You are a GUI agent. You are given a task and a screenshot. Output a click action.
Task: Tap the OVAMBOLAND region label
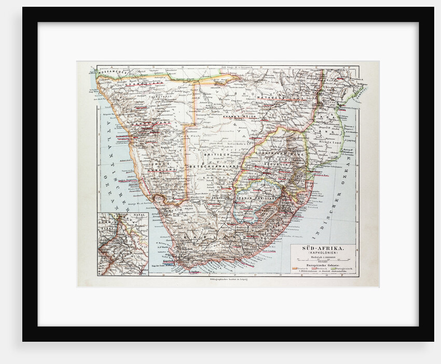143,81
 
